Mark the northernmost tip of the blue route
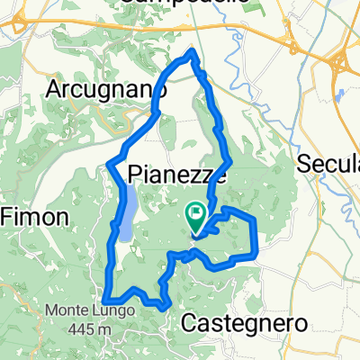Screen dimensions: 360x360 [x=192, y=53]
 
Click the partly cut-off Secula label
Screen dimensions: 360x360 [x=329, y=164]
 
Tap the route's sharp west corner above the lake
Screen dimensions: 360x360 [x=108, y=163]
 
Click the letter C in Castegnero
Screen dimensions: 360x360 [x=190, y=321]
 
